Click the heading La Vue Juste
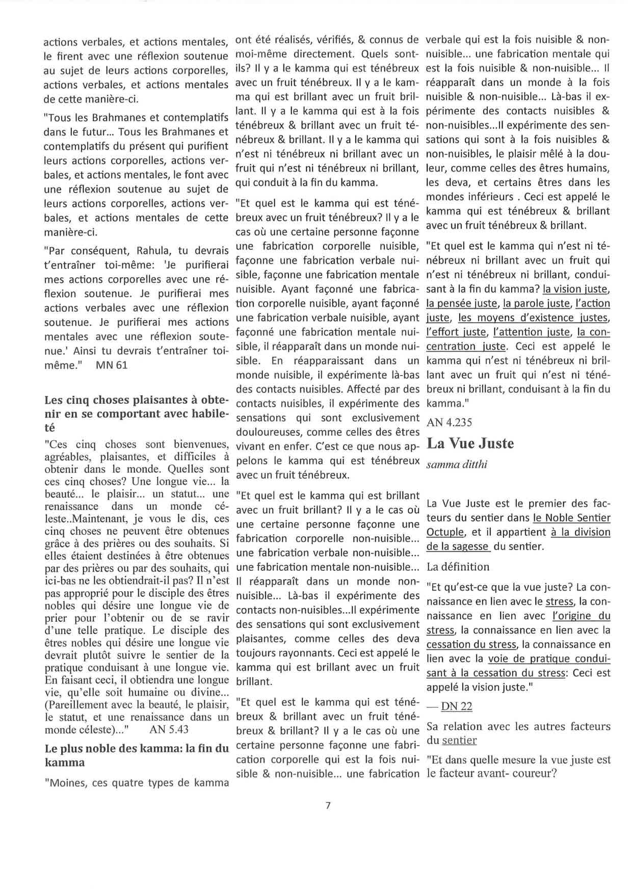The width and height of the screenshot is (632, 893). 470,443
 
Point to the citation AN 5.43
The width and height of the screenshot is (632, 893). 169,729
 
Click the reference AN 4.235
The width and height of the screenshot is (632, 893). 450,422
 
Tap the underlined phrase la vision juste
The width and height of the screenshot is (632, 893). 575,289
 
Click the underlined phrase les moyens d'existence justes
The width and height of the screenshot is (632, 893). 533,318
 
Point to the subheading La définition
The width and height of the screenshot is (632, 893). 458,567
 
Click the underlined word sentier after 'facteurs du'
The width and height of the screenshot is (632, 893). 459,740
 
